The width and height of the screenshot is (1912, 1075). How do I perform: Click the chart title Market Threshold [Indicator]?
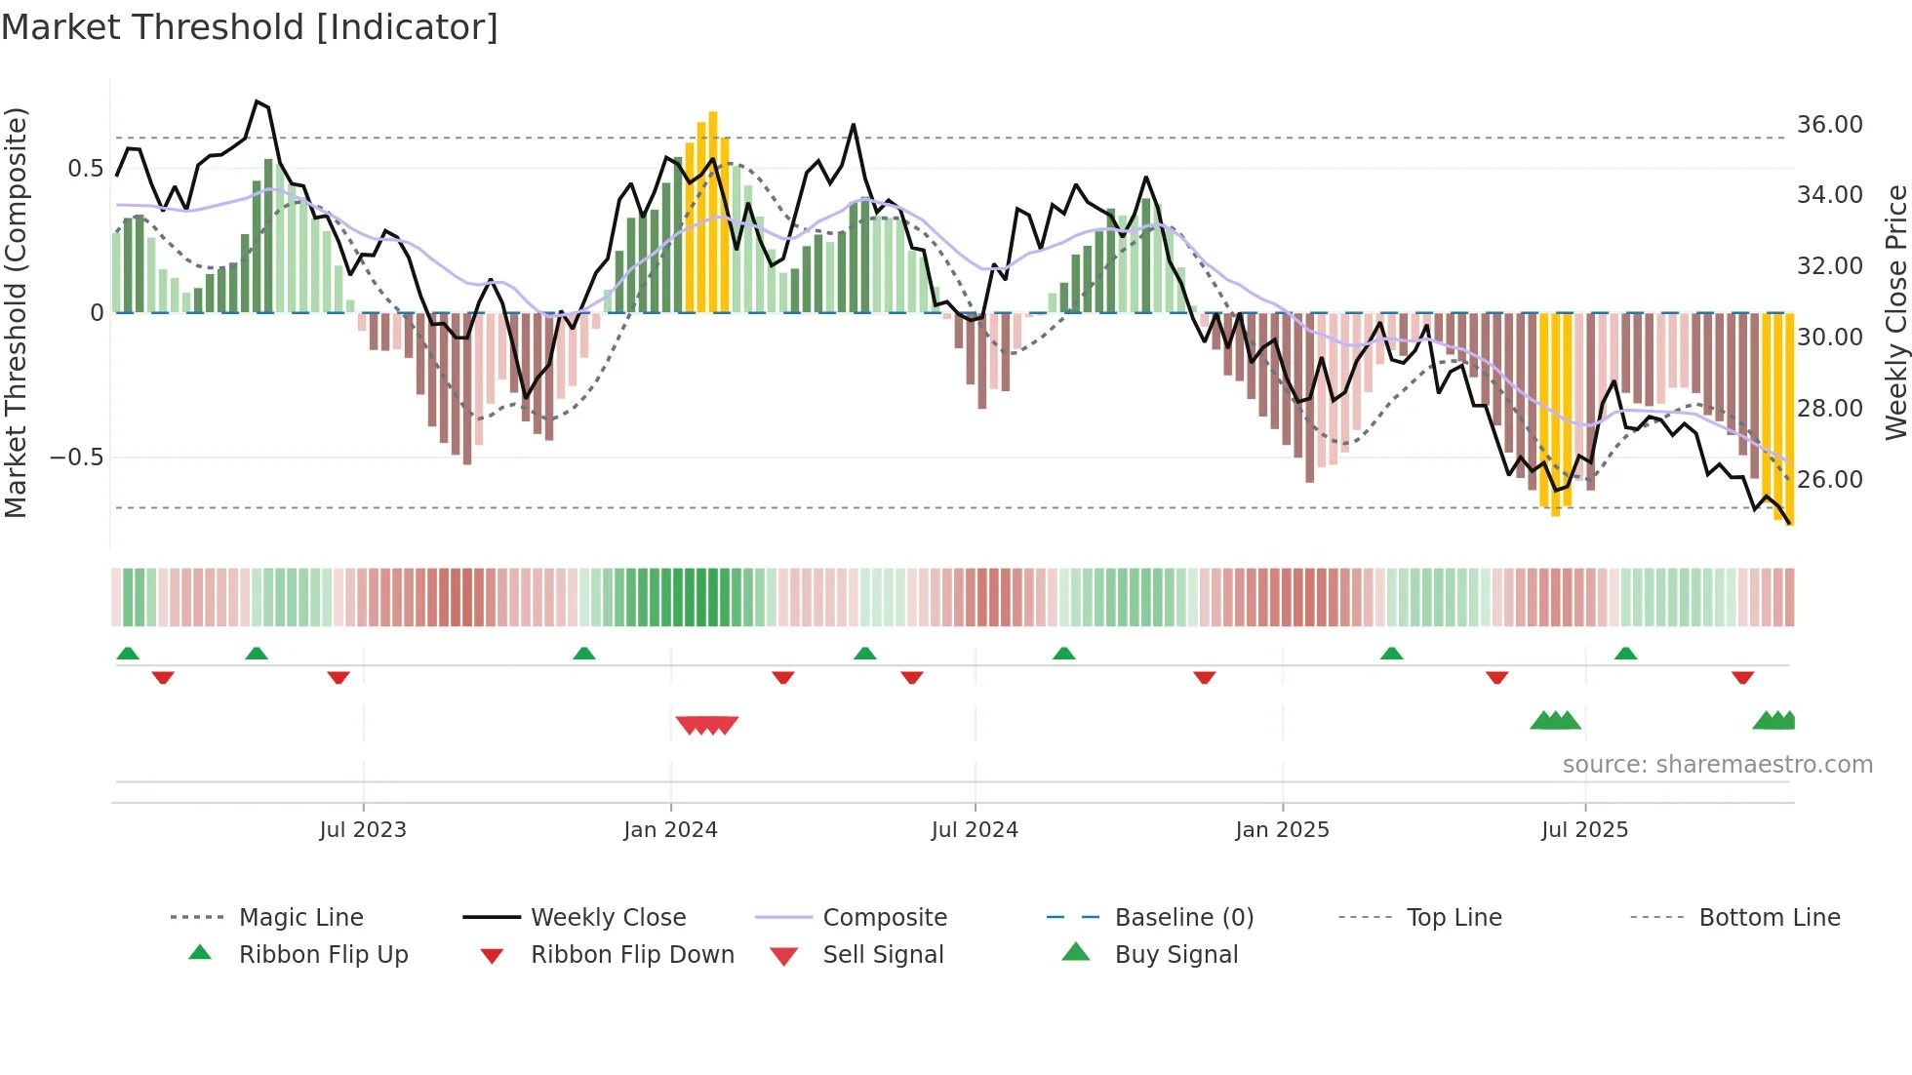[x=250, y=27]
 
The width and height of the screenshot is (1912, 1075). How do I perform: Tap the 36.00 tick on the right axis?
[x=1829, y=125]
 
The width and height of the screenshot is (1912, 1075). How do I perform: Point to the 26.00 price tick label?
[x=1829, y=479]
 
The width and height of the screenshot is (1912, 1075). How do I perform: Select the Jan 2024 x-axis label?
[x=670, y=829]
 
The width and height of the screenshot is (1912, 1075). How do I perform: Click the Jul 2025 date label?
[x=1584, y=829]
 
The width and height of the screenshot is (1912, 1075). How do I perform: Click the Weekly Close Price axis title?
[x=1895, y=312]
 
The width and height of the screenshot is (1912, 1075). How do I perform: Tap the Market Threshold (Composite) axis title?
[x=16, y=312]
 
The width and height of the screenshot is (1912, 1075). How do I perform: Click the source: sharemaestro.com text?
[x=1717, y=764]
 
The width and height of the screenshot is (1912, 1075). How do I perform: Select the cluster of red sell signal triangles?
[x=707, y=725]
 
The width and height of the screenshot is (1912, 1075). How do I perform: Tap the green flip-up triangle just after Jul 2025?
[x=1625, y=654]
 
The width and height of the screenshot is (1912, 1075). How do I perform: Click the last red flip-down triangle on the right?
[x=1742, y=677]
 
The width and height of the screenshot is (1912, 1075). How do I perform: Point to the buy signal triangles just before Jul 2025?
[x=1555, y=721]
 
